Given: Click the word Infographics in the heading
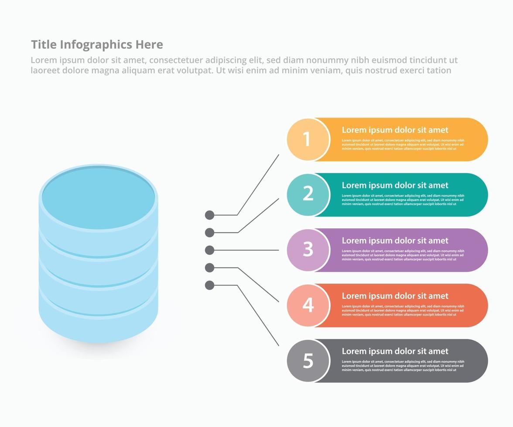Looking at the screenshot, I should click(x=96, y=44).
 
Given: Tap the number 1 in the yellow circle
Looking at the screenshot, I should click(x=307, y=139).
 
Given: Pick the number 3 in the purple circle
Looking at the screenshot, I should click(x=308, y=250).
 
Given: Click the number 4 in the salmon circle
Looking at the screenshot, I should click(x=308, y=305).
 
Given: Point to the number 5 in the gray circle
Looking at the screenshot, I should click(x=308, y=361).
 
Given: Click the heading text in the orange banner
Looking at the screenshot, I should click(x=395, y=130).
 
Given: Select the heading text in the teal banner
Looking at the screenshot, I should click(x=395, y=185).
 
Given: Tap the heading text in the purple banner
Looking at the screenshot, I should click(x=395, y=241).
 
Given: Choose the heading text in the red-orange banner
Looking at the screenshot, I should click(x=395, y=296).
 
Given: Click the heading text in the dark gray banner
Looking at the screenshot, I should click(x=395, y=351).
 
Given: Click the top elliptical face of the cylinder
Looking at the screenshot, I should click(x=99, y=197).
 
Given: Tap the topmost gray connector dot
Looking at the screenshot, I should click(x=209, y=215).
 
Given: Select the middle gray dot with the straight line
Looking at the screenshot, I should click(x=209, y=250).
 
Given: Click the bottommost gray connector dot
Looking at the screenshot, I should click(x=209, y=285).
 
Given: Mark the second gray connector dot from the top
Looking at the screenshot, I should click(x=209, y=233).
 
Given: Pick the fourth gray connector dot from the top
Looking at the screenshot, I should click(x=209, y=268).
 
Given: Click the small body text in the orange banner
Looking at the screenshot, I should click(x=402, y=145).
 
